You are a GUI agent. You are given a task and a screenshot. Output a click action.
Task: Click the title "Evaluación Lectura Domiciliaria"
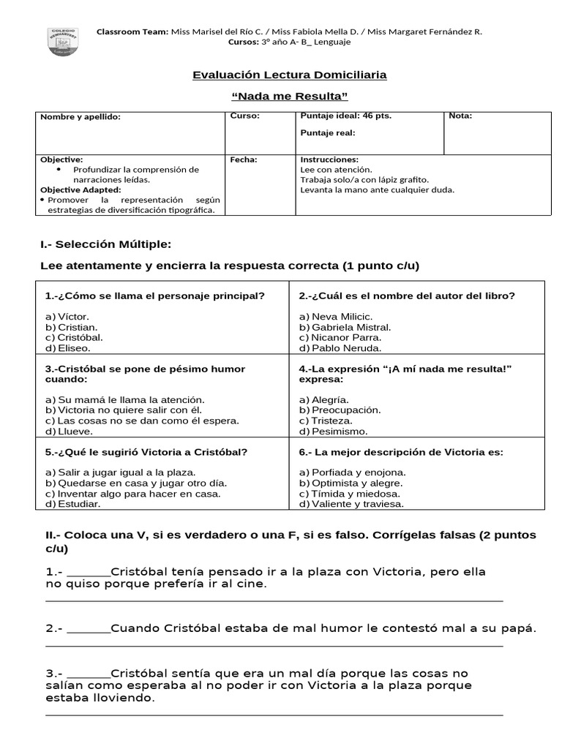289,75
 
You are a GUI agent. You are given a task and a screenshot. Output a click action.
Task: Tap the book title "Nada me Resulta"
289,97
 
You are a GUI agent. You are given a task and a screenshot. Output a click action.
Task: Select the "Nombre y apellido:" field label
80,117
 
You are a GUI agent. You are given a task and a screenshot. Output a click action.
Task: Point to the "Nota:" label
460,116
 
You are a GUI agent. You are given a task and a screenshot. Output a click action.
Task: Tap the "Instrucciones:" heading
329,159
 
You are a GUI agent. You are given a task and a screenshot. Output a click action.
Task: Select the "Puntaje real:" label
328,133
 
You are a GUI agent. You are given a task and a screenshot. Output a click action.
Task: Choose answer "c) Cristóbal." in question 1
74,338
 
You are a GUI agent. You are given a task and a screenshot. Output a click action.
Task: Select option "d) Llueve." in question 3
70,432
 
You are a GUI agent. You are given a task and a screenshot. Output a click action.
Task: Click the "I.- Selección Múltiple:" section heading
105,244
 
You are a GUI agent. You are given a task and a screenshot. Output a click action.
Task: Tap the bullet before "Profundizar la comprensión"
59,169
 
